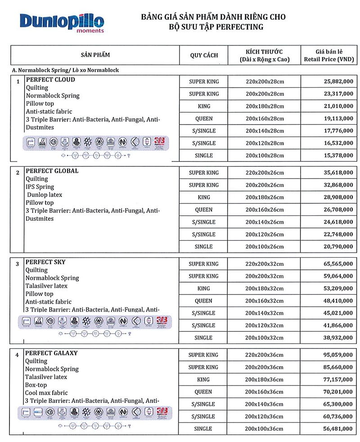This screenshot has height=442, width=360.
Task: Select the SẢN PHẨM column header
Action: (95, 55)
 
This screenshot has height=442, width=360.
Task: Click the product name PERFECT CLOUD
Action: (50, 80)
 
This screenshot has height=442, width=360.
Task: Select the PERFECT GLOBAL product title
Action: (52, 171)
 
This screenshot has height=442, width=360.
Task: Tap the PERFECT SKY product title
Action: (46, 262)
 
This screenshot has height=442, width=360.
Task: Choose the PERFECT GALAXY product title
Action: (51, 353)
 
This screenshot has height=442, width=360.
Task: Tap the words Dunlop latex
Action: (45, 195)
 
